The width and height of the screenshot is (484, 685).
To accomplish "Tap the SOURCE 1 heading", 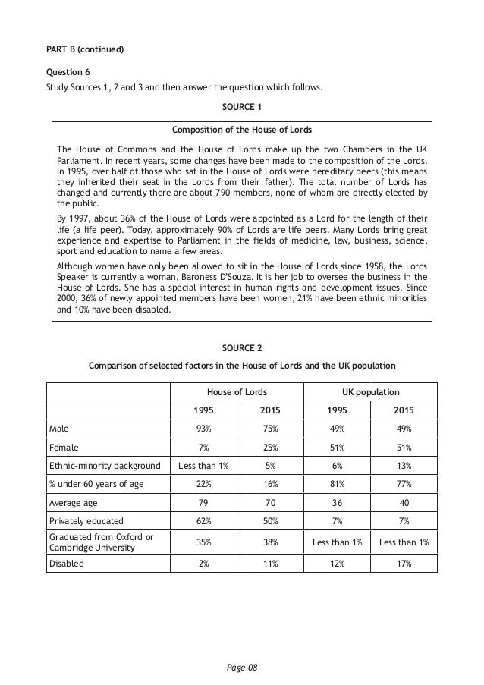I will pos(241,105).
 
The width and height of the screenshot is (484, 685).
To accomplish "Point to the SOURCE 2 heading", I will pos(241,347).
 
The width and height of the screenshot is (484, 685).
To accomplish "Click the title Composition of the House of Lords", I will pos(241,130).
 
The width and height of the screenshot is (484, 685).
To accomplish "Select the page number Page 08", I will pos(242,668).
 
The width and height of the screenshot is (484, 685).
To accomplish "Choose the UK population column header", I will pos(369,392).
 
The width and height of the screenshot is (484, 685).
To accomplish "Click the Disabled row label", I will pos(67,564).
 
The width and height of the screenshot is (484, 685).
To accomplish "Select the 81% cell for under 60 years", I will pos(336,485).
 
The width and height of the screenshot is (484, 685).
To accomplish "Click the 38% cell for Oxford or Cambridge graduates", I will pos(269,543).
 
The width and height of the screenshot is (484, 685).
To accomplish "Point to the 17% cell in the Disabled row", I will pos(403,564).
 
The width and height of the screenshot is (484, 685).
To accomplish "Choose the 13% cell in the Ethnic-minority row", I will pos(403,466).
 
